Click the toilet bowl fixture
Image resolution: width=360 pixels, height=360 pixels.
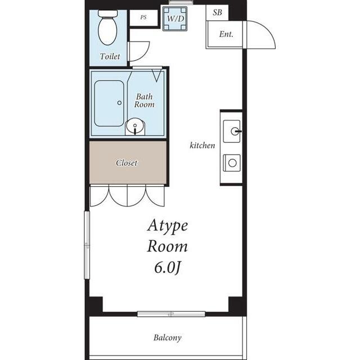[107, 28]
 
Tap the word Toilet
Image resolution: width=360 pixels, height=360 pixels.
[110, 56]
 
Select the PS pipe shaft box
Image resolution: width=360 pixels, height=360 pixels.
[144, 17]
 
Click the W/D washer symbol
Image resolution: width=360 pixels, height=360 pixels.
[175, 19]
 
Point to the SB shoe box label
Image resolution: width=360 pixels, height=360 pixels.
[217, 12]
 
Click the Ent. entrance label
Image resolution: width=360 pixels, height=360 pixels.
[226, 34]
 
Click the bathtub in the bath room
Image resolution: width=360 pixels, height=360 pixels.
[109, 103]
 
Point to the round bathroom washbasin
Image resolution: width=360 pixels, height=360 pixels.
[135, 126]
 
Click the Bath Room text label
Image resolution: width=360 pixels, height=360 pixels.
[144, 101]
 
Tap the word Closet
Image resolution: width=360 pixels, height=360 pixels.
[127, 163]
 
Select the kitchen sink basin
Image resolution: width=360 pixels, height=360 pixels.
[232, 131]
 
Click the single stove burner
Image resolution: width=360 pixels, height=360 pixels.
[232, 163]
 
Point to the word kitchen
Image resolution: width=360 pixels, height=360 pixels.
[202, 145]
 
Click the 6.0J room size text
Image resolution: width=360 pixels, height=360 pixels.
[167, 268]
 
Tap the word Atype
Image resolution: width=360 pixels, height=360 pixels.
[168, 226]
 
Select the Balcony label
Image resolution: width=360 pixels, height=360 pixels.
[168, 337]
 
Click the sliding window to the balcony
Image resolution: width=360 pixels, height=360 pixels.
[171, 314]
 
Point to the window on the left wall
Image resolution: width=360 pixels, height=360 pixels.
[87, 245]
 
